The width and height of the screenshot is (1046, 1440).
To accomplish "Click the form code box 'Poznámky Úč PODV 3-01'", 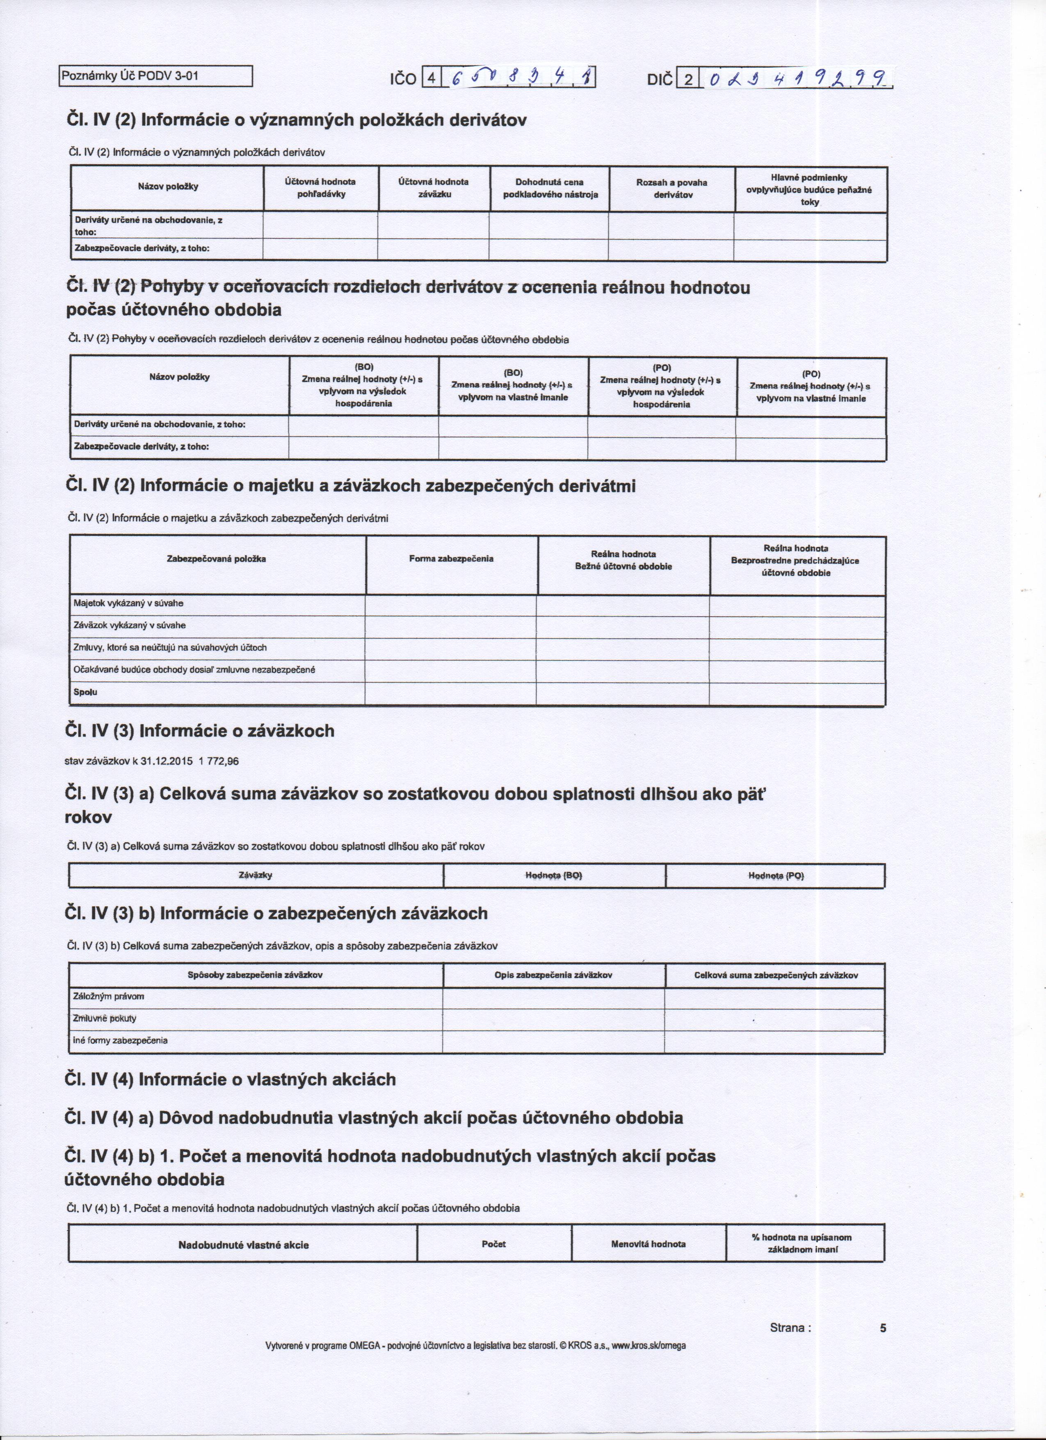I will [155, 76].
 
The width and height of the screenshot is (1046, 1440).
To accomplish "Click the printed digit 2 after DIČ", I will [688, 79].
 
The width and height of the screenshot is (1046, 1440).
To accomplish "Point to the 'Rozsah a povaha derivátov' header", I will [671, 189].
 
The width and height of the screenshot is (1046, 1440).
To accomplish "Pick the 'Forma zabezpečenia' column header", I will [451, 559].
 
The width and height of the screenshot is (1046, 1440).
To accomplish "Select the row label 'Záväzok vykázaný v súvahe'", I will [130, 625].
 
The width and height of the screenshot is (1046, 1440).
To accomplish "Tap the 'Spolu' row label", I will [86, 692].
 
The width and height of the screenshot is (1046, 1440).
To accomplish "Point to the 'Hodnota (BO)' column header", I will [553, 875].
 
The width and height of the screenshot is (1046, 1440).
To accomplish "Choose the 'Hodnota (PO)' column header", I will [776, 875].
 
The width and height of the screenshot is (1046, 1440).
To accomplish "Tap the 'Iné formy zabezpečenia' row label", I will [121, 1041].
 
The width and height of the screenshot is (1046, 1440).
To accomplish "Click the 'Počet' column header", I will [494, 1244].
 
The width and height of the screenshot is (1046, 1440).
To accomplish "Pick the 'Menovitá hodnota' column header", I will [648, 1244].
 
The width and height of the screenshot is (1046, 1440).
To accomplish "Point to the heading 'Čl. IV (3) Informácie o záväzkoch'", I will [200, 731].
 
